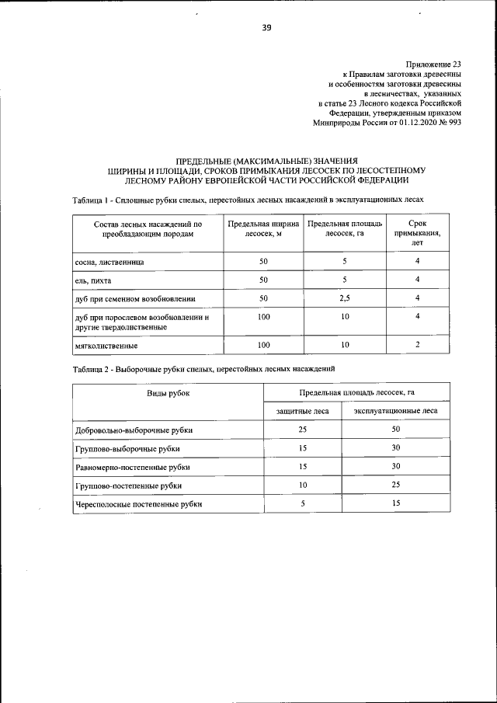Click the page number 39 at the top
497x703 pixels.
pyautogui.click(x=266, y=30)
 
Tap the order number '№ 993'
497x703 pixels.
pyautogui.click(x=450, y=123)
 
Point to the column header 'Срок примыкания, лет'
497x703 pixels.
pyautogui.click(x=417, y=232)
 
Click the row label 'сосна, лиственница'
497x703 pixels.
pyautogui.click(x=109, y=263)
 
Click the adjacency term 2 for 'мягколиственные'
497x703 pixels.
pyautogui.click(x=417, y=344)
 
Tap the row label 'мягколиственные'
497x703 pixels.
pyautogui.click(x=106, y=345)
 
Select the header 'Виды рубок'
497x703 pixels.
pyautogui.click(x=169, y=393)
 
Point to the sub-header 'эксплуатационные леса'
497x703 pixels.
pyautogui.click(x=395, y=411)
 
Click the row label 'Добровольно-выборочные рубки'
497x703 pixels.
pyautogui.click(x=134, y=430)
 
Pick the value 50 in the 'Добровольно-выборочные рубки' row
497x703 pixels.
pyautogui.click(x=395, y=429)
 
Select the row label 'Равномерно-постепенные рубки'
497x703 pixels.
pyautogui.click(x=132, y=467)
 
